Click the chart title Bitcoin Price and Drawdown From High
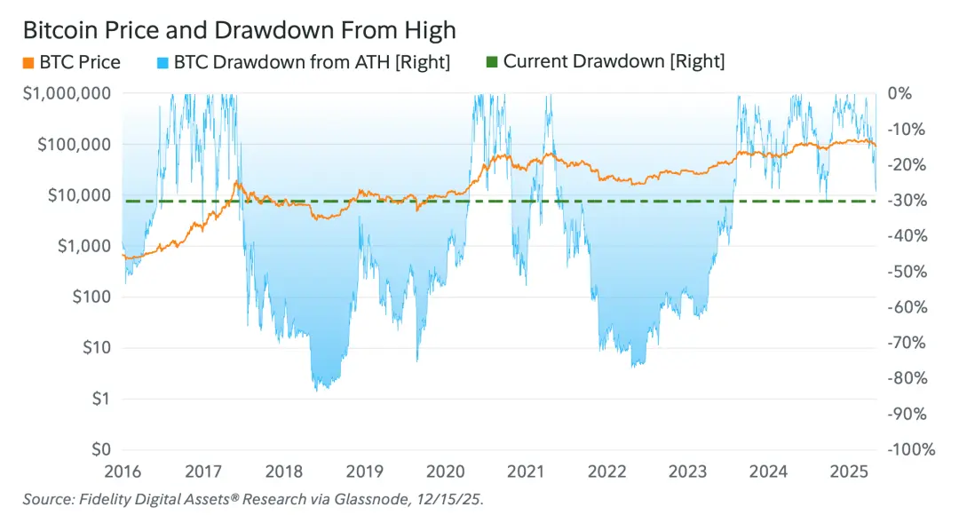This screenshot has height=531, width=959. click(x=239, y=30)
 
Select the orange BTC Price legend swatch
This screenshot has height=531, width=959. click(x=28, y=62)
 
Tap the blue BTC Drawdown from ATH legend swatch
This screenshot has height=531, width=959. click(x=162, y=62)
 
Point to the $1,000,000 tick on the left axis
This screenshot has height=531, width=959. click(x=67, y=94)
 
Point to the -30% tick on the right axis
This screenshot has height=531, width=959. click(x=906, y=201)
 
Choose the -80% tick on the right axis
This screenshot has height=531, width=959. click(x=906, y=378)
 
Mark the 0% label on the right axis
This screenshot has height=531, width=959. click(x=899, y=94)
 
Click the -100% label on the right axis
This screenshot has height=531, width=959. click(x=910, y=450)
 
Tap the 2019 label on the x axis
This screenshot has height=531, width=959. click(x=365, y=471)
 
